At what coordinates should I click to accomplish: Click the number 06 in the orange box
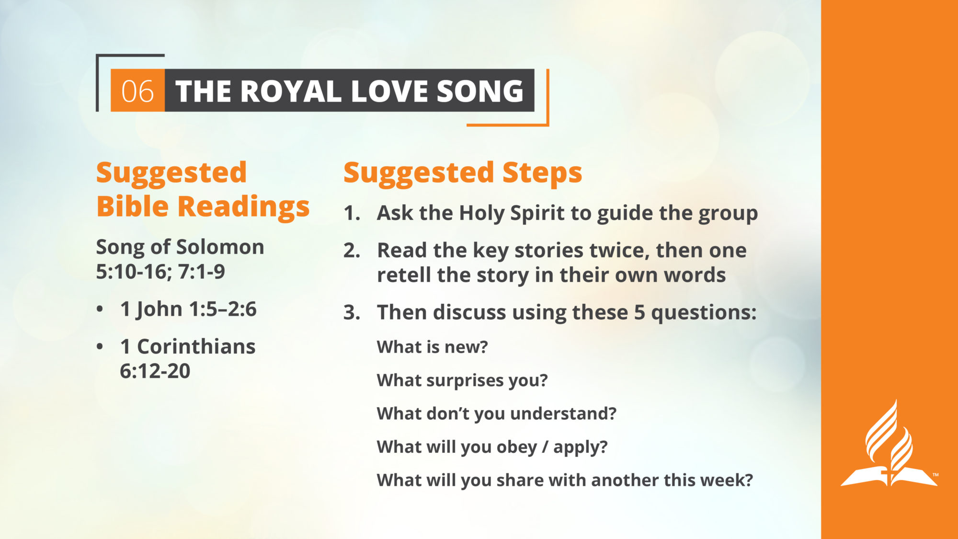[137, 91]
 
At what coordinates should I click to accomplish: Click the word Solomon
[220, 247]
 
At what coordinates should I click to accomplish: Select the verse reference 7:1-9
[201, 272]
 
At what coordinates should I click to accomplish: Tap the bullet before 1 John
[100, 310]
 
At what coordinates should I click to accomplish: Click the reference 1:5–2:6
[223, 310]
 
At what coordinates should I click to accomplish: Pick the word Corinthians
[196, 347]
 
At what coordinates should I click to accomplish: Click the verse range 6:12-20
[155, 371]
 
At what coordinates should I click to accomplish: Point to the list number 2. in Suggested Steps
[352, 251]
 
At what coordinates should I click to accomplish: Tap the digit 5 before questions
[639, 312]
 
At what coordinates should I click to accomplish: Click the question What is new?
[432, 347]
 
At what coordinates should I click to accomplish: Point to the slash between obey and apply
[545, 447]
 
